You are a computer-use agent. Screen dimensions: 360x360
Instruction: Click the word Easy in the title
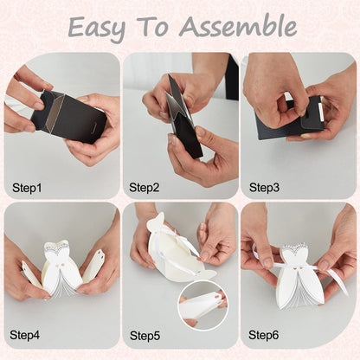(x=97, y=29)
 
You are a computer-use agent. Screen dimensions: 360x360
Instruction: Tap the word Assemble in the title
(x=238, y=27)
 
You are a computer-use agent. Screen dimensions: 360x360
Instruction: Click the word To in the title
(x=152, y=27)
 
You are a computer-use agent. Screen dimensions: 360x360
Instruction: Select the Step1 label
(x=27, y=188)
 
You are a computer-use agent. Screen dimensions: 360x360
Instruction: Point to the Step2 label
(x=144, y=188)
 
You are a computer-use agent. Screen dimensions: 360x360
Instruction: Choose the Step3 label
(x=264, y=188)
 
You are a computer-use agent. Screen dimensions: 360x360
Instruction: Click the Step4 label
(x=25, y=335)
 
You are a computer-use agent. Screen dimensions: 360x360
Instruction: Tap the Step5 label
(x=145, y=336)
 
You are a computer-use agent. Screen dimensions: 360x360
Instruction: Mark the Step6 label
(x=264, y=335)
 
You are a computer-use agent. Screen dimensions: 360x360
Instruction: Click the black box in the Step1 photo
(x=68, y=116)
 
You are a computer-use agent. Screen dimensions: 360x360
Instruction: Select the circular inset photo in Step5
(x=202, y=305)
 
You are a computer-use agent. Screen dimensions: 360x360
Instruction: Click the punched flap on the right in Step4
(x=93, y=266)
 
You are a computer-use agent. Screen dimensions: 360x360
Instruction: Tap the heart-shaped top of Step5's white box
(x=156, y=222)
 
